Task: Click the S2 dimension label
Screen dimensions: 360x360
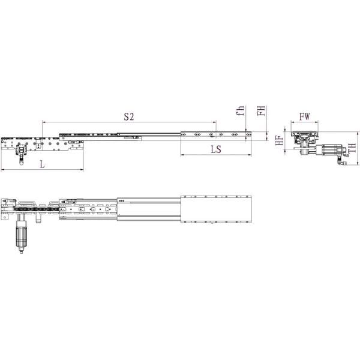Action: pos(128,116)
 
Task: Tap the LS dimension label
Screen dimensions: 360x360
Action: pos(215,149)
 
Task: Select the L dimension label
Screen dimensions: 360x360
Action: pos(41,164)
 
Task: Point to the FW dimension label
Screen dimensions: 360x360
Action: pos(305,116)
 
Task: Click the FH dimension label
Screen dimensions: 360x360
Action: pos(260,111)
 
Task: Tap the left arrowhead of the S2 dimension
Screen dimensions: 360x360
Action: pos(43,122)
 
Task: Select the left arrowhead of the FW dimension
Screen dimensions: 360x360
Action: pos(291,122)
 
